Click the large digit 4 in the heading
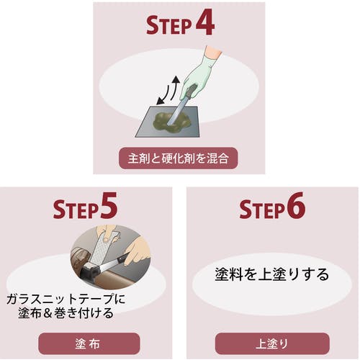pos(204,22)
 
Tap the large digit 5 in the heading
pos(109,205)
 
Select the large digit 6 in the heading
pos(295,205)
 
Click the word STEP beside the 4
pos(168,25)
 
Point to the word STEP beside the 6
pos(261,209)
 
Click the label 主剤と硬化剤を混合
pos(178,158)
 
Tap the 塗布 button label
pos(88,344)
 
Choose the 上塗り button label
pos(272,344)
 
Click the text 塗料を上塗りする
pos(271,274)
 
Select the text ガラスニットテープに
pos(66,299)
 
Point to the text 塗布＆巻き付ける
pos(66,313)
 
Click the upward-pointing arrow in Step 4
pos(175,88)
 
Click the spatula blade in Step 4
pos(177,111)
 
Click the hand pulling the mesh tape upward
pos(107,233)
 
